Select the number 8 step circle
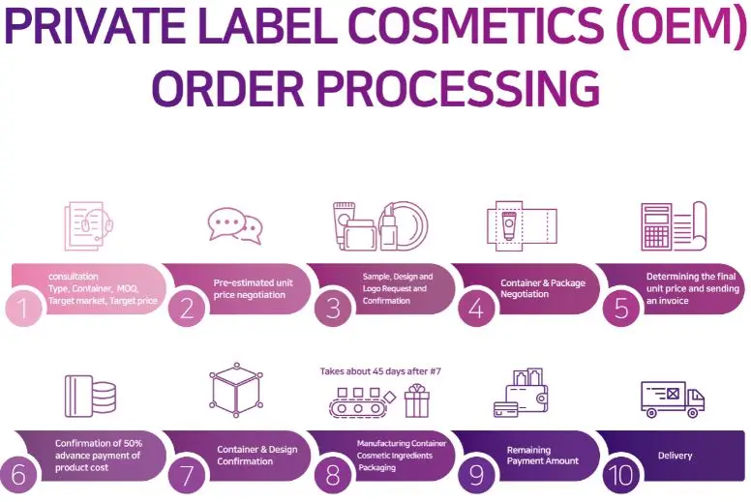click(333, 474)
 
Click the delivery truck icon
click(672, 399)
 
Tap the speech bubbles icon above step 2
click(235, 226)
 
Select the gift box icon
click(417, 399)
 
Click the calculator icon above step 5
click(657, 226)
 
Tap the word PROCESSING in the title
click(445, 89)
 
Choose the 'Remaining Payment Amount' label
click(542, 456)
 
